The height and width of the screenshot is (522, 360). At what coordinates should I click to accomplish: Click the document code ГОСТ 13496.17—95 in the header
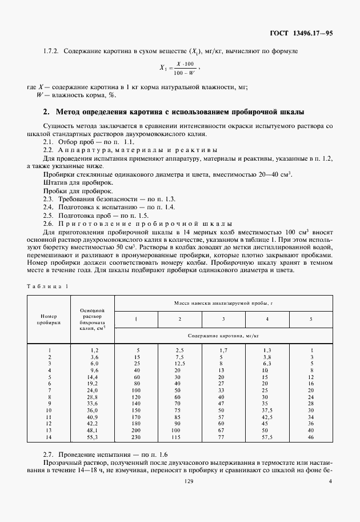coord(301,33)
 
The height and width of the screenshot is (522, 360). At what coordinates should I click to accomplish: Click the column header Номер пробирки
coord(49,318)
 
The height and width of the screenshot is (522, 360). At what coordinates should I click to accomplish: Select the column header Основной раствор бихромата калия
coord(93,319)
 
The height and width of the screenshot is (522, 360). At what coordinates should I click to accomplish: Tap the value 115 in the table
coord(179,437)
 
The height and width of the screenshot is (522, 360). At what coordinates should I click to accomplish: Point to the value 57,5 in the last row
coord(266,437)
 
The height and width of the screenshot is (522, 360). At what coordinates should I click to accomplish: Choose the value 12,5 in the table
coord(179,363)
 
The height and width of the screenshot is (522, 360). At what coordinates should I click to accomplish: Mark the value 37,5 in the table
coord(266,408)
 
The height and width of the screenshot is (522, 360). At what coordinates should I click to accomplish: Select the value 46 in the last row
coord(311,437)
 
